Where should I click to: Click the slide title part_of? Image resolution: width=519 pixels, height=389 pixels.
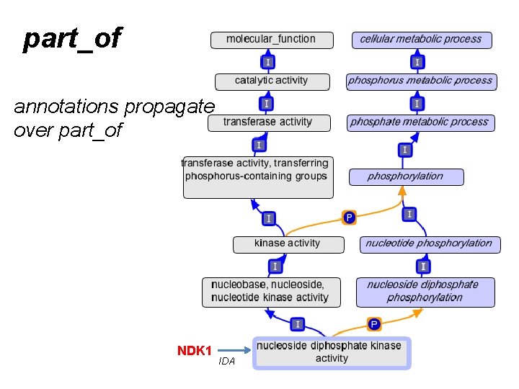72,39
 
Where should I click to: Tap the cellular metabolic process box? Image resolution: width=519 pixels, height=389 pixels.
421,40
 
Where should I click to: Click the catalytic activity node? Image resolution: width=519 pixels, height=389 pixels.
271,81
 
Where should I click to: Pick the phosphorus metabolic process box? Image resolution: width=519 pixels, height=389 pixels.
420,81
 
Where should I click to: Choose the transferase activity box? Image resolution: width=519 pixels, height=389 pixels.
268,122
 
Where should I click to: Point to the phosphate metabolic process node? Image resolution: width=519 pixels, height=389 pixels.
420,122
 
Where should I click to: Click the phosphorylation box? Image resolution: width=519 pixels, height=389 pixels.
406,176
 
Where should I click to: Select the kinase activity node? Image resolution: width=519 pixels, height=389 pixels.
287,244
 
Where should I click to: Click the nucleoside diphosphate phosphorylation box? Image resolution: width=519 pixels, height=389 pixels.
425,292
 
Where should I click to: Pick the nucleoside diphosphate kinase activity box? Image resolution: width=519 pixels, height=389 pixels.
331,352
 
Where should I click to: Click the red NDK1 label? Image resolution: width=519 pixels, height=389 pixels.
195,351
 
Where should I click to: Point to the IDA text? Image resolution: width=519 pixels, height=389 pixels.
226,362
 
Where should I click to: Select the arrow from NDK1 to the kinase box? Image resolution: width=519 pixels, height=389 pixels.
234,351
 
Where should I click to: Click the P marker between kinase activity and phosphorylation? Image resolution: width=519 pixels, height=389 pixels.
349,217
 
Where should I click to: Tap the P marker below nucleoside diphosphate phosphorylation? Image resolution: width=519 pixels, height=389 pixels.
373,324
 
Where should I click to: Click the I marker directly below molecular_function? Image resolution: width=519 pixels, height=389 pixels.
268,62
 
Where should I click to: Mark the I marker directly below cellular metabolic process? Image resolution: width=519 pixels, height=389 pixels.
417,62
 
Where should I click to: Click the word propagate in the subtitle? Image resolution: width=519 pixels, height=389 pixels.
169,107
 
